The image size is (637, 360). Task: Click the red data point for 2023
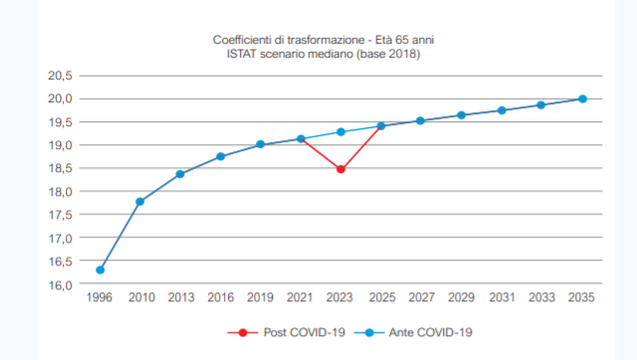[341, 169]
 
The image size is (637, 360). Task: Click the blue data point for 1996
[100, 270]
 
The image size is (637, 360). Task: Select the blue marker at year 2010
[140, 202]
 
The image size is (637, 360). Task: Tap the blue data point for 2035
[583, 99]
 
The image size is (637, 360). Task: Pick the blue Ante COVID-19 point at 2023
[341, 132]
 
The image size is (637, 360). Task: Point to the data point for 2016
[221, 156]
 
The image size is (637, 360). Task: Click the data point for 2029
[461, 115]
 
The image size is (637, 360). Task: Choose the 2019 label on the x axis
[260, 299]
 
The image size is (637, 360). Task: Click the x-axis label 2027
[421, 299]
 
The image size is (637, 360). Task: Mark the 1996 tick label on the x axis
[100, 299]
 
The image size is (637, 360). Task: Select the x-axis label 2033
[541, 299]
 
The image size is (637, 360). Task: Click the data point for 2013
[181, 174]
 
